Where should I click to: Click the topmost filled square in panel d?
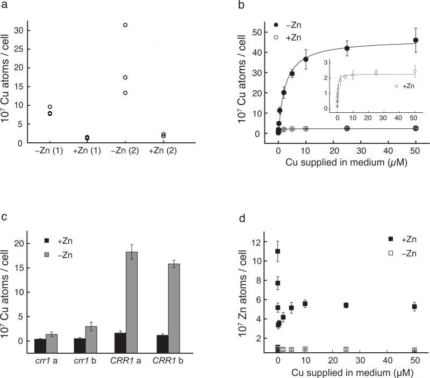(278, 251)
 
